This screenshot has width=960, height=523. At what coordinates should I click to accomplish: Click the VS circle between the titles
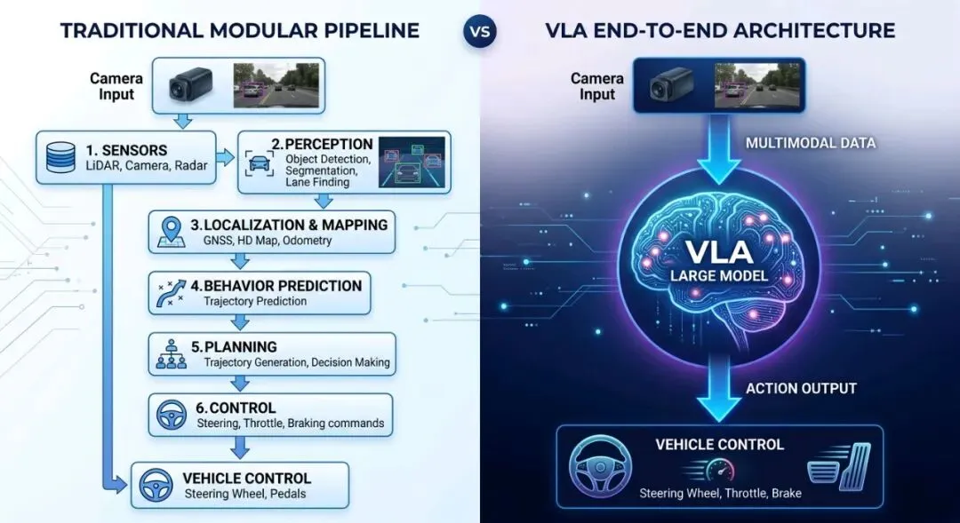pos(480,32)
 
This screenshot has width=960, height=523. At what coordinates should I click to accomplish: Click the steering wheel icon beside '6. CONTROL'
pos(172,415)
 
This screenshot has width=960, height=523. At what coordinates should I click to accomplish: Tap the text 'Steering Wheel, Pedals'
pos(245,494)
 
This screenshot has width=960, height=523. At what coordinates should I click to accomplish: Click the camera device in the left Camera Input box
pos(192,85)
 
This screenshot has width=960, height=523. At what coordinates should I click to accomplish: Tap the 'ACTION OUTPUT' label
pos(801,388)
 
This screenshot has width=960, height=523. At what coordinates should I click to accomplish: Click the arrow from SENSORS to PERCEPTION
pos(227,157)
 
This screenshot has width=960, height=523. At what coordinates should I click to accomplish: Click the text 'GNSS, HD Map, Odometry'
pos(267,242)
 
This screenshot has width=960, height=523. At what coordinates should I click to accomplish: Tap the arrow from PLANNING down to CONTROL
pos(238,384)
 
